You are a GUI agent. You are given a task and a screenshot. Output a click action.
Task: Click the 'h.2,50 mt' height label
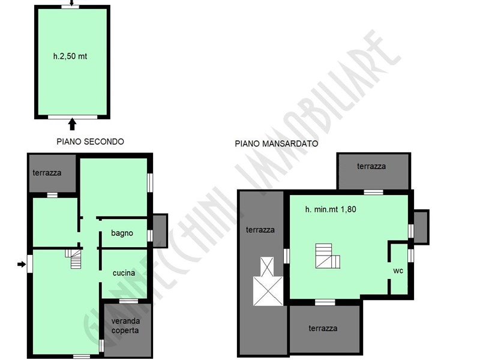pos(70,56)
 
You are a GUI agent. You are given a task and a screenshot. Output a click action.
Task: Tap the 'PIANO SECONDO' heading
pos(91,142)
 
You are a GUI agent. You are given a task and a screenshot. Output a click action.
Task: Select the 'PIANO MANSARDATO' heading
pos(277,143)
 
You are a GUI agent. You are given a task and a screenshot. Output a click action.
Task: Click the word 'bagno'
pos(122,233)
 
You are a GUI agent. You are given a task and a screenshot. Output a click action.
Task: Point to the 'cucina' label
pos(124,273)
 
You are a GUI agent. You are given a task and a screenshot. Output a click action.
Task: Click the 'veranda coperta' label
pos(125,326)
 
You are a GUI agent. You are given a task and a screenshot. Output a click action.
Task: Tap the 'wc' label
pos(398,271)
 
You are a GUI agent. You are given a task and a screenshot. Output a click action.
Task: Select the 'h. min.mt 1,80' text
pos(331,209)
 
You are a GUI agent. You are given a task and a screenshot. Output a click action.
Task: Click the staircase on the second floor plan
pos(73,259)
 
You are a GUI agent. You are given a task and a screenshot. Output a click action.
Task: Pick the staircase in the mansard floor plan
pos(328,256)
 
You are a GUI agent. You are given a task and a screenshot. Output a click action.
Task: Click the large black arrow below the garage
pos(72,124)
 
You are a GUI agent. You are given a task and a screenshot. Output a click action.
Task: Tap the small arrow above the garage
pos(71,3)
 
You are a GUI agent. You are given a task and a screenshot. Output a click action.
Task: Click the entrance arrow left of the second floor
pos(22,264)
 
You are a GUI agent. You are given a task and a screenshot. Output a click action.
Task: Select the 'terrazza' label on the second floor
pos(47,173)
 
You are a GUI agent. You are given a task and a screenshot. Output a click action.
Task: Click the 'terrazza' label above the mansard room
pos(371,166)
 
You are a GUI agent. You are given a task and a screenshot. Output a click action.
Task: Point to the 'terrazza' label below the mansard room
pos(323,328)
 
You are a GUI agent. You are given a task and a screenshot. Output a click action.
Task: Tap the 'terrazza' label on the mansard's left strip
pos(260,230)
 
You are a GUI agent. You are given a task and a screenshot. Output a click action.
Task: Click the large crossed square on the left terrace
pos(268,291)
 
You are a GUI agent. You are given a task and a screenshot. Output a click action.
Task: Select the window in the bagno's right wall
pos(149,236)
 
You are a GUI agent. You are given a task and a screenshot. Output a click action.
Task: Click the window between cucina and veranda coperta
pos(128,301)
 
